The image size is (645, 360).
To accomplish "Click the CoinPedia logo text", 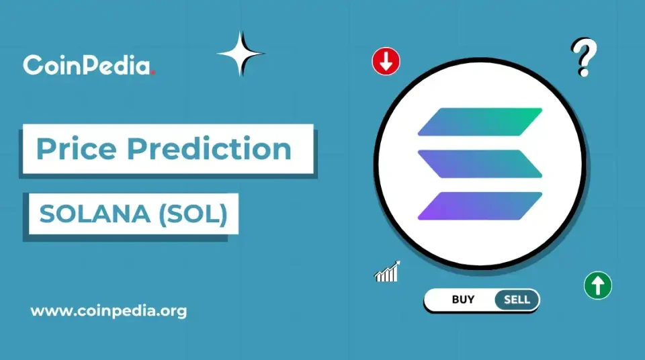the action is (87, 65).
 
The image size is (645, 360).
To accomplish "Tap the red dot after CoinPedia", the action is (153, 73).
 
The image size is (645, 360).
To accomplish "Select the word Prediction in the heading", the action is (210, 148).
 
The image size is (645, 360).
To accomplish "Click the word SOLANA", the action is (95, 214).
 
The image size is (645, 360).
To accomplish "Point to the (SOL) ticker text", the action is (193, 214).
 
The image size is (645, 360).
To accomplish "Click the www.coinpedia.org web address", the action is (109, 311).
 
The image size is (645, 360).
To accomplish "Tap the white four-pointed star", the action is (241, 54).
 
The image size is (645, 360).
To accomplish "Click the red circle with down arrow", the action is (386, 61).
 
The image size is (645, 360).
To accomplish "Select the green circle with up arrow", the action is (598, 285).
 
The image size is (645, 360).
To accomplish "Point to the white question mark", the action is (584, 57).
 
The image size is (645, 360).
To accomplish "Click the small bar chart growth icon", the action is (387, 271).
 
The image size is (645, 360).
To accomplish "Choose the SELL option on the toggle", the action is (517, 300).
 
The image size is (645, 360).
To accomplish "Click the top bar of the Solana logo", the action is (480, 122).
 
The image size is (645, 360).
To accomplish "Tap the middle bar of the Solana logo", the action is (480, 164).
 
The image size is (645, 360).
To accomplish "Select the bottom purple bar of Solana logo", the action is (480, 206).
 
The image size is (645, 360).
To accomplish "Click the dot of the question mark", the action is (583, 73).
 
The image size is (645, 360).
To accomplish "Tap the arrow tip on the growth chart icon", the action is (398, 263).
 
